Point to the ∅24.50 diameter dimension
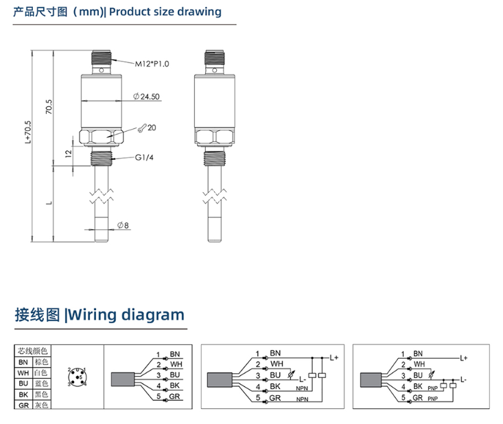pos(147,97)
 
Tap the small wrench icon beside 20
pos(140,128)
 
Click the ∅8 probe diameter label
pos(123,225)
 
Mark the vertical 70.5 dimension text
pos(49,108)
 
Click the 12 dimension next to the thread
pos(68,154)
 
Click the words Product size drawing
pos(165,12)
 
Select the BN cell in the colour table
pos(23,362)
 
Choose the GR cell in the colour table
pos(23,405)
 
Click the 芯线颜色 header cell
pos(33,351)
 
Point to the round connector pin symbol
pos(78,377)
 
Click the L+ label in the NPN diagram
pos(334,357)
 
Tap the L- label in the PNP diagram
pos(464,379)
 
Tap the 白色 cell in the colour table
pos(42,373)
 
